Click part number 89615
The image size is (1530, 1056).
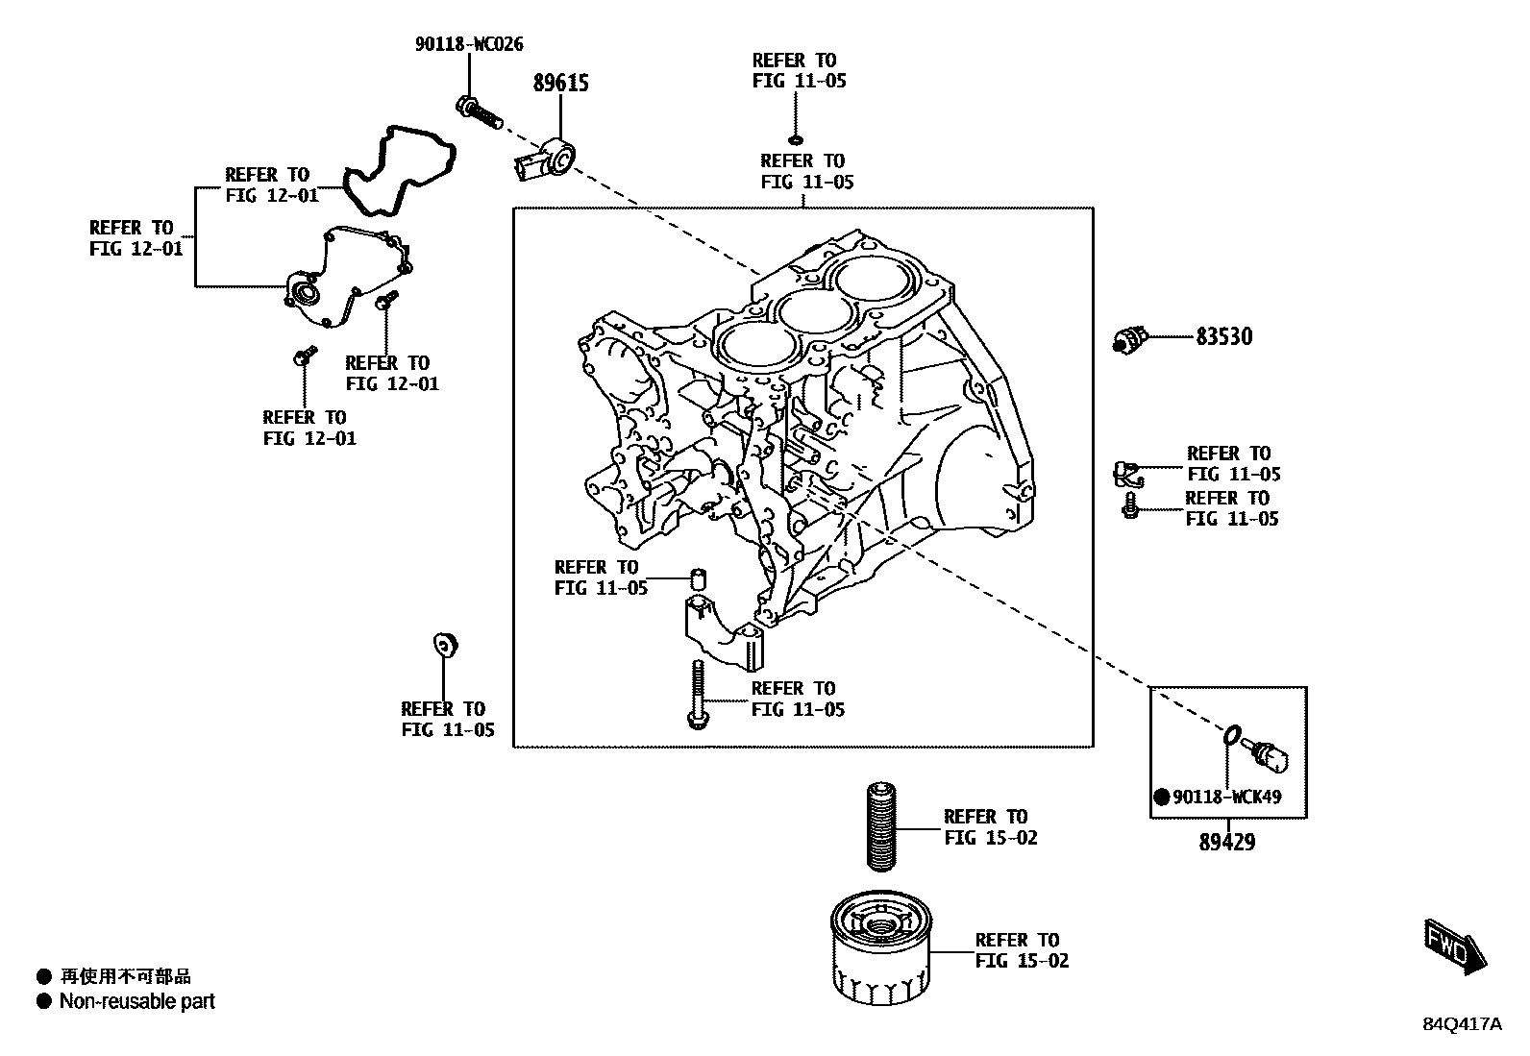(560, 84)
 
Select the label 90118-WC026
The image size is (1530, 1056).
(469, 44)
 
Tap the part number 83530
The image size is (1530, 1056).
(1223, 337)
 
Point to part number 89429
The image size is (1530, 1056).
(1226, 843)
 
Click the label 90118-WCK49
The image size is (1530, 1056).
(1226, 798)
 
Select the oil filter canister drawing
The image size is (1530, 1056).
(879, 951)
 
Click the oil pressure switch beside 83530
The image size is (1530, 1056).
(1130, 338)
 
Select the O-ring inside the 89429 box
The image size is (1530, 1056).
(1230, 736)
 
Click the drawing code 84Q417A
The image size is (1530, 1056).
(1462, 1024)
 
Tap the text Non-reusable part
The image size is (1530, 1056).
(136, 1001)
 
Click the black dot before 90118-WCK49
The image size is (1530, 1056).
(1162, 798)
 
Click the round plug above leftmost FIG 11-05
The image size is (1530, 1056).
(446, 645)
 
